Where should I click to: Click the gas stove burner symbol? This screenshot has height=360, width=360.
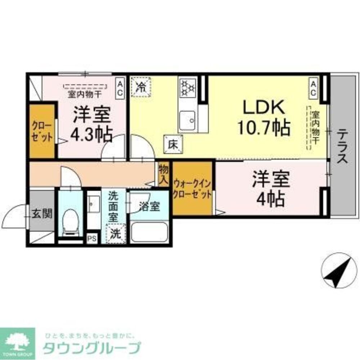point(187,87)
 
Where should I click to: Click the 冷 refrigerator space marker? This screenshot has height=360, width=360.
point(141,87)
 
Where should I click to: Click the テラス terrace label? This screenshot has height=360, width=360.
point(342,147)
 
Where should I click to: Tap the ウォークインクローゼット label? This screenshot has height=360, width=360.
point(192,188)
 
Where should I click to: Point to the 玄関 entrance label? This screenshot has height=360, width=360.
point(42,213)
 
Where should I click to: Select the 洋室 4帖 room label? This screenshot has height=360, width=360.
point(271,189)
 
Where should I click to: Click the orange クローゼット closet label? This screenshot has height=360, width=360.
point(42,131)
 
